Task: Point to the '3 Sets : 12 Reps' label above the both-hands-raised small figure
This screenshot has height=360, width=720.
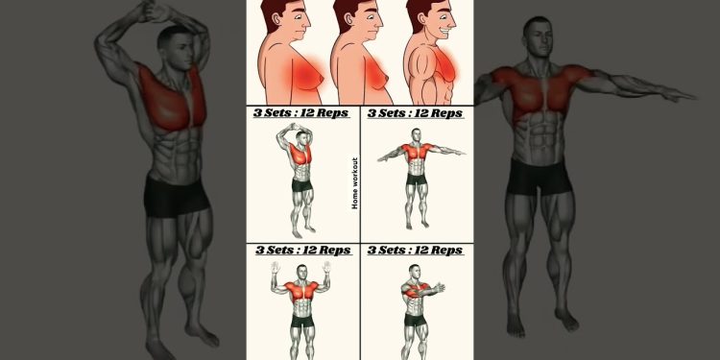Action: tap(302, 251)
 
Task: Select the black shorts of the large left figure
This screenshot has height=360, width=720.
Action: tap(177, 195)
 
